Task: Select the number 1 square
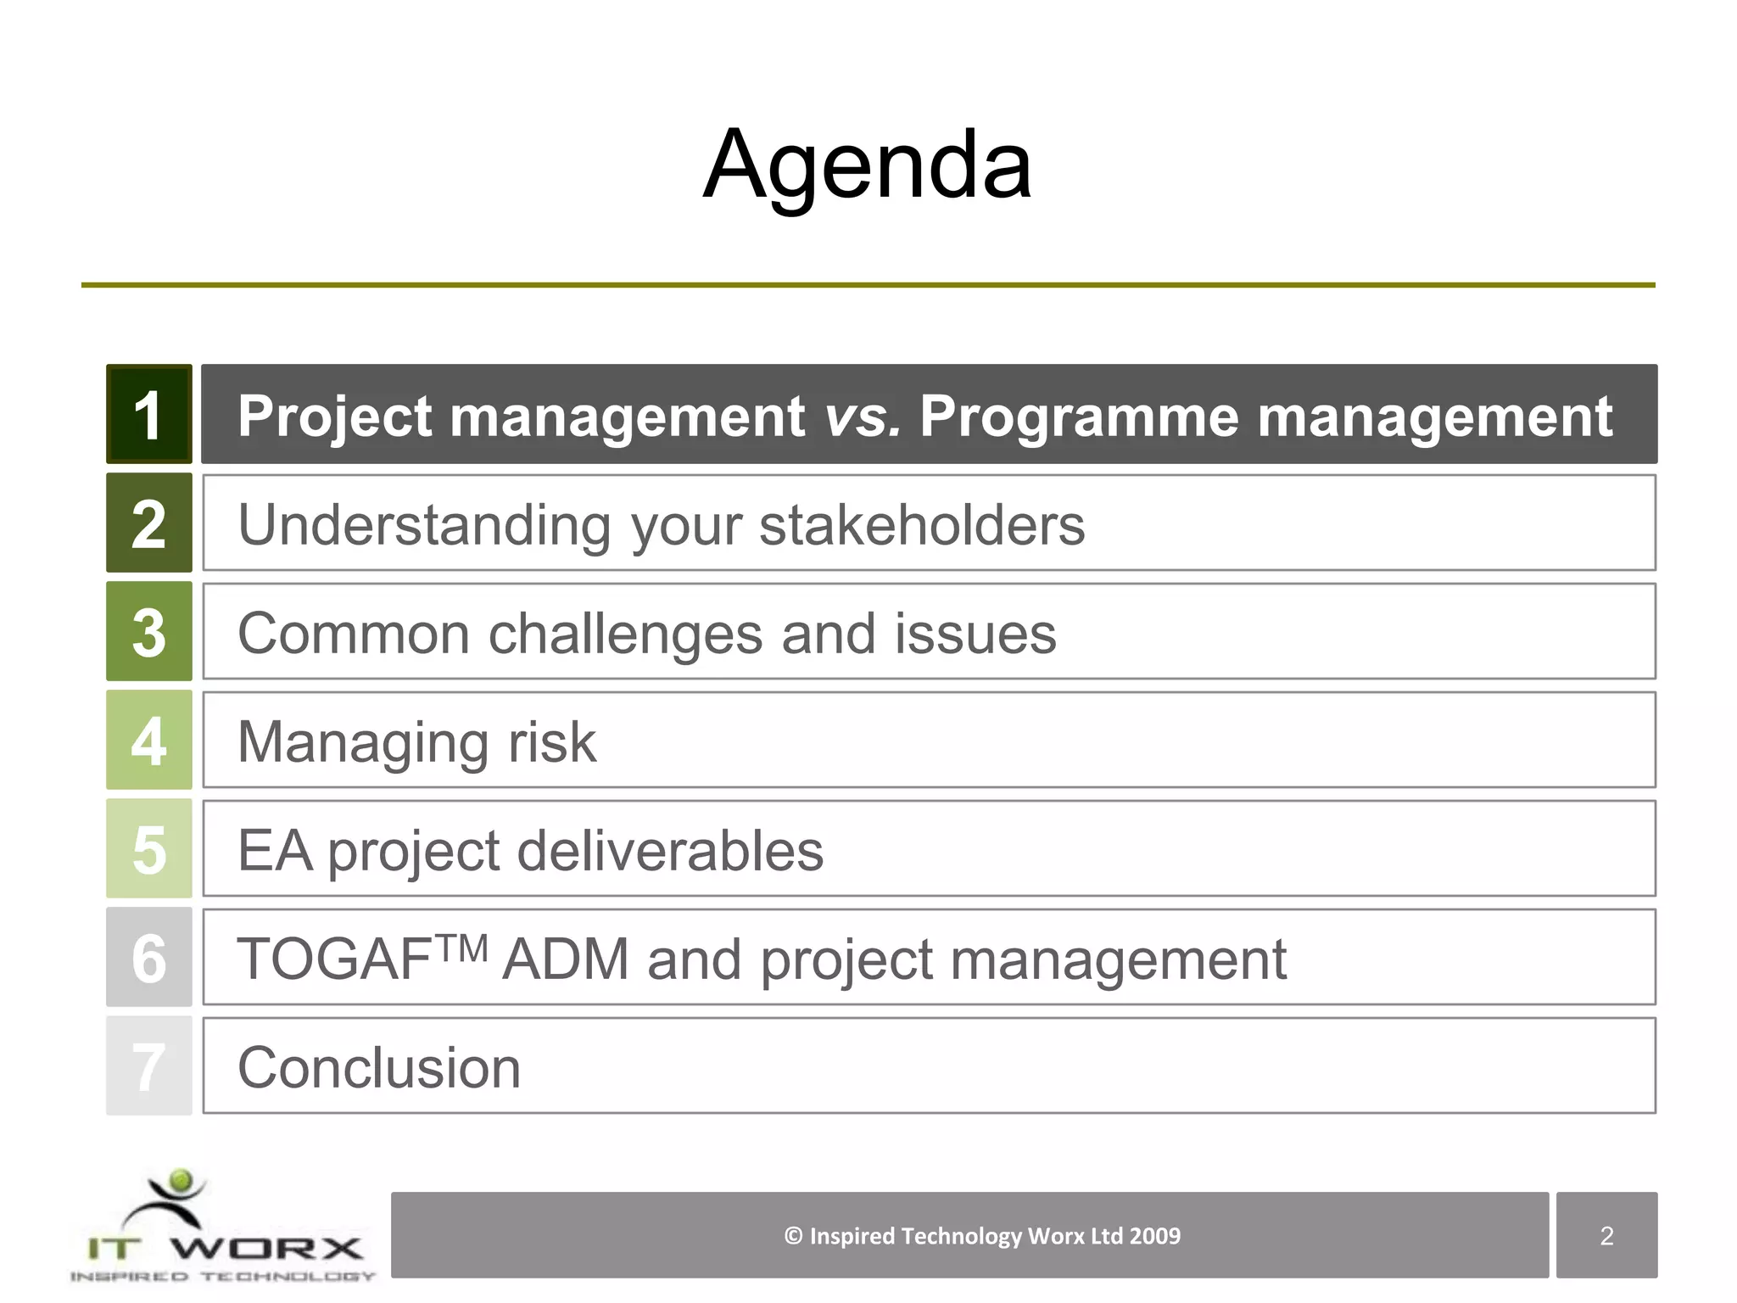point(148,415)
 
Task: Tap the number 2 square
point(148,523)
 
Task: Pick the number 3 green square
point(148,632)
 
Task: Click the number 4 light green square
point(148,741)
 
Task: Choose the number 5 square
point(148,849)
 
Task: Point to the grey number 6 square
point(148,958)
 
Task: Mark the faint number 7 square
point(148,1066)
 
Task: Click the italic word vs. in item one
point(862,417)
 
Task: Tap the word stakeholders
point(922,525)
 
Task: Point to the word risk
point(551,742)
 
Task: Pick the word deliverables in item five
point(670,851)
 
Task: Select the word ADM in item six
point(565,959)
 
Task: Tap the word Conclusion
point(379,1068)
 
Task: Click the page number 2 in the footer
point(1606,1236)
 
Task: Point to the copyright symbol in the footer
point(793,1236)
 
